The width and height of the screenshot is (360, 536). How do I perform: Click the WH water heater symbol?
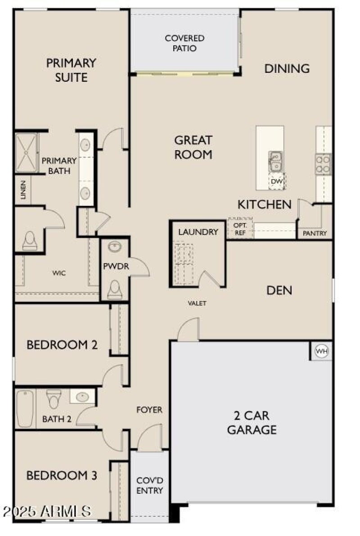(321, 351)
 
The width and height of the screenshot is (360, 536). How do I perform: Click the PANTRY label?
(315, 233)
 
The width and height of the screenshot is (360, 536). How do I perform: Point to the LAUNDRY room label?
(198, 232)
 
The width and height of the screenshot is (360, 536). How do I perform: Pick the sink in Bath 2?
(82, 397)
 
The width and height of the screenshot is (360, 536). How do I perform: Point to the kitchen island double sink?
(275, 161)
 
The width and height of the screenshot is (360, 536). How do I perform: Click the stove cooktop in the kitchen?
(323, 164)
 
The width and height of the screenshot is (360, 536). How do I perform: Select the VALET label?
(197, 304)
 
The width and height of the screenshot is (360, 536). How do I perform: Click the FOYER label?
(149, 410)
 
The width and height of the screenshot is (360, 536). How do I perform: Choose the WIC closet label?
(59, 273)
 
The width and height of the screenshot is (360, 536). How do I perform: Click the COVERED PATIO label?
(184, 43)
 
